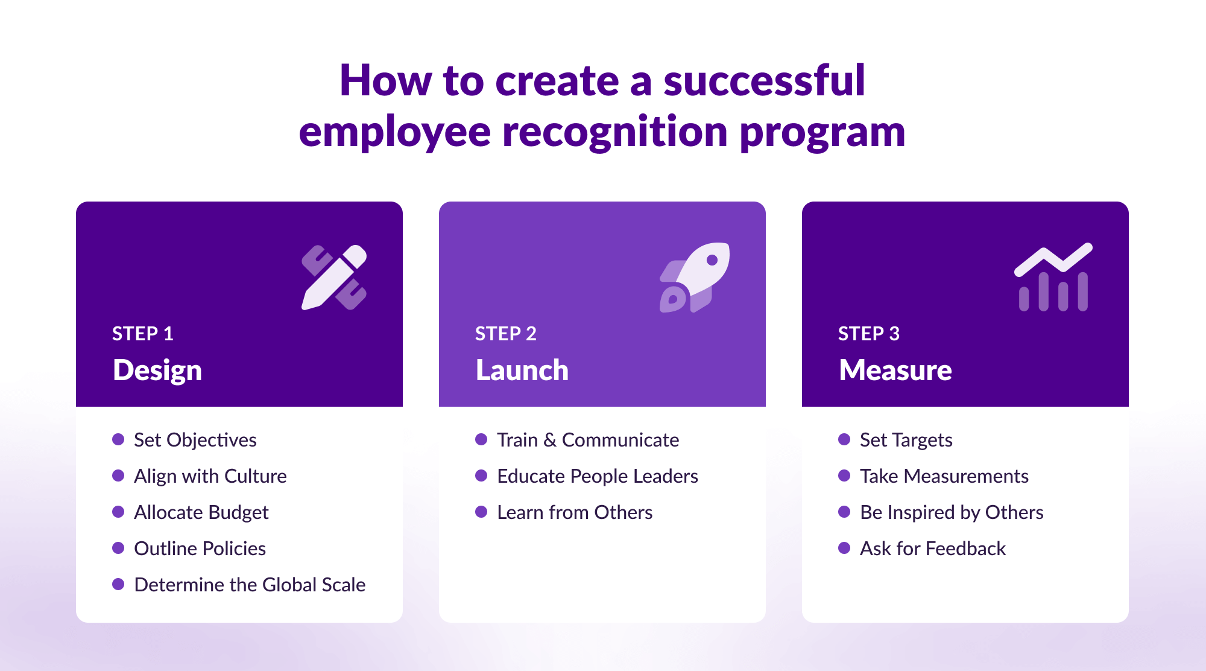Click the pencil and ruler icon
coord(334,278)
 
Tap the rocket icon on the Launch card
coord(695,278)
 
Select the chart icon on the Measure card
coord(1053,278)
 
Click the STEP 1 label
coord(143,334)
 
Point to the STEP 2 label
coord(506,334)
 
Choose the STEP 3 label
coord(869,334)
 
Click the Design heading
coord(157,370)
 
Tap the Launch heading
coord(522,370)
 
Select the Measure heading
coord(895,370)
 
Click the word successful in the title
coord(764,80)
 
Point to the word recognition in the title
coord(615,132)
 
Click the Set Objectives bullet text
coord(195,440)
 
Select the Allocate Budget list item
coord(201,512)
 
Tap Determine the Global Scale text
coord(250,585)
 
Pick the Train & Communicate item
coord(588,440)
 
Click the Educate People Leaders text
coord(598,476)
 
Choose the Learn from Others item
coord(575,512)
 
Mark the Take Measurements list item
coord(944,476)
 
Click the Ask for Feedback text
coord(933,549)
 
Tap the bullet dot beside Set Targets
coord(844,439)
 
